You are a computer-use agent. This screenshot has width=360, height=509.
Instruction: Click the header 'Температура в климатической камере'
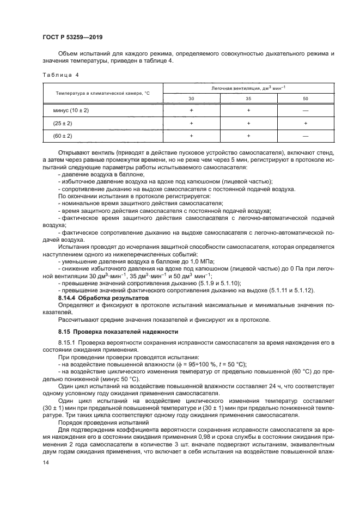pyautogui.click(x=102, y=94)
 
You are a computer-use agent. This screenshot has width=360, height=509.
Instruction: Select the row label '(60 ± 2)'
pyautogui.click(x=63, y=136)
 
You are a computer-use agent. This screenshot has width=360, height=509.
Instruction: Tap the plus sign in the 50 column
pyautogui.click(x=305, y=124)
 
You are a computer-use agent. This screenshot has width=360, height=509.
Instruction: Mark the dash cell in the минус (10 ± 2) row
pyautogui.click(x=305, y=111)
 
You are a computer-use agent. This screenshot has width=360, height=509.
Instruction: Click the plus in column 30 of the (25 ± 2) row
pyautogui.click(x=191, y=124)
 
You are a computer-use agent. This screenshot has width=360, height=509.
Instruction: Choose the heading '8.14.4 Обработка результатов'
pyautogui.click(x=103, y=299)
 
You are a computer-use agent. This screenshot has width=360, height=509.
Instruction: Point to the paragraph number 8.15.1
pyautogui.click(x=68, y=342)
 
